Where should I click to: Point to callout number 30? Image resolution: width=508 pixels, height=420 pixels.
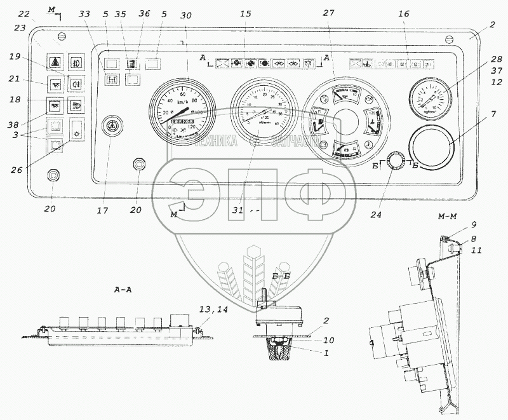tap(185, 15)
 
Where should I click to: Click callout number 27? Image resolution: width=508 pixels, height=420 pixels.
tap(328, 15)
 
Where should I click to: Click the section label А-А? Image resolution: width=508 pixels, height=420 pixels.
tap(123, 288)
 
